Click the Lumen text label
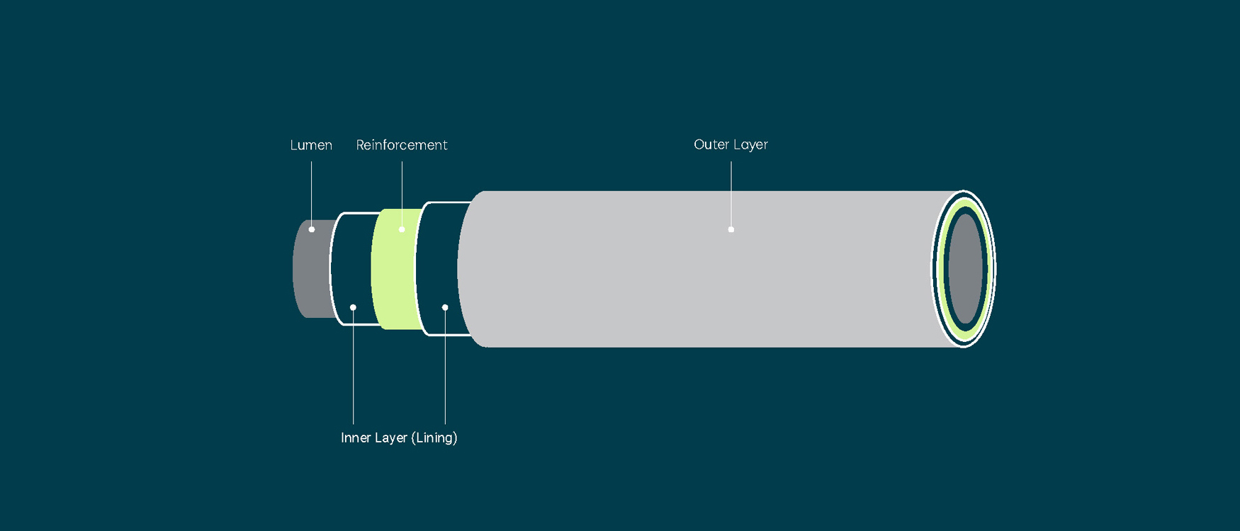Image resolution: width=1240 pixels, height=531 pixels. pyautogui.click(x=311, y=145)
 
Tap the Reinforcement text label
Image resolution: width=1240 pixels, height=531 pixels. pyautogui.click(x=402, y=145)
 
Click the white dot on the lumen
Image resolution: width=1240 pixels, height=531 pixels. pyautogui.click(x=312, y=229)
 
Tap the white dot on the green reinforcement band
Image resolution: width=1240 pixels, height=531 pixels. pyautogui.click(x=402, y=229)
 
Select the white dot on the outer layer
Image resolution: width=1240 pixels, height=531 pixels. pyautogui.click(x=731, y=229)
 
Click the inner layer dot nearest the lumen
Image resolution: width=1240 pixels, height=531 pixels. pyautogui.click(x=353, y=307)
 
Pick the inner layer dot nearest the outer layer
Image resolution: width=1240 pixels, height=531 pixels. pyautogui.click(x=445, y=307)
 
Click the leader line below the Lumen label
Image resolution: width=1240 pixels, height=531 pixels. pyautogui.click(x=311, y=191)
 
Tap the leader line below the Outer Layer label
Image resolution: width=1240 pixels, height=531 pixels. pyautogui.click(x=731, y=191)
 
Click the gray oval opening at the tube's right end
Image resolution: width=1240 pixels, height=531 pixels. pyautogui.click(x=964, y=269)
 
